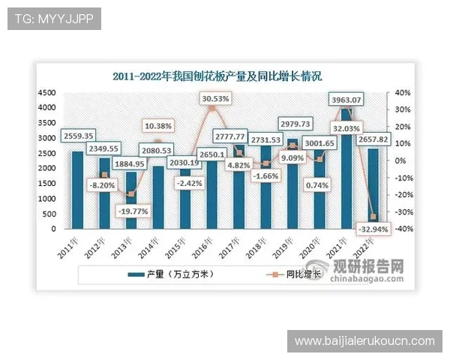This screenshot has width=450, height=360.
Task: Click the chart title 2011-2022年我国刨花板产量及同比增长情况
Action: click(217, 76)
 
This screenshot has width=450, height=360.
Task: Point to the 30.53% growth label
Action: click(215, 98)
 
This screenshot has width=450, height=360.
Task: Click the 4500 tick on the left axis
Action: click(46, 92)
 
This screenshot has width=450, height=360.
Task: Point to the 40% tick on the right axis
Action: click(402, 92)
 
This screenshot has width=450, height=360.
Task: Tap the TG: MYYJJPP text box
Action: click(54, 19)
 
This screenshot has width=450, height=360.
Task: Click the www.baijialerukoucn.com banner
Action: click(364, 341)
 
